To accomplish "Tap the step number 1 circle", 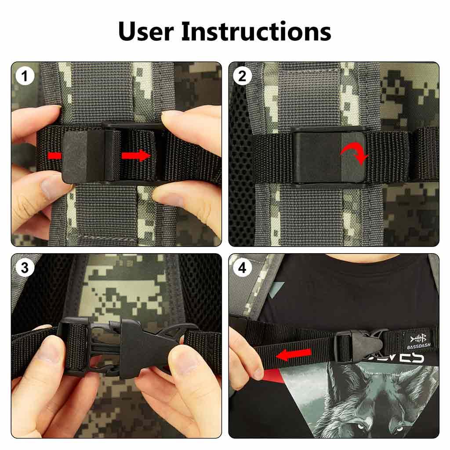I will pos(25,76).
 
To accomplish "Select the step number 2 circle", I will pos(242,76).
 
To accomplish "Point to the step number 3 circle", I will pos(25,268).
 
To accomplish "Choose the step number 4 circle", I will pos(242,268).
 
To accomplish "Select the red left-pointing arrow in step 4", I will pos(293,354).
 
